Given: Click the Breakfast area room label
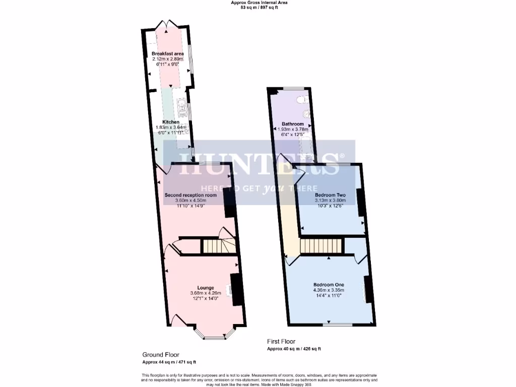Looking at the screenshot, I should (x=168, y=53).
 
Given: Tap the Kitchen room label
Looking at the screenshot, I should (x=171, y=122).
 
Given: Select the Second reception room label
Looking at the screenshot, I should (x=190, y=195).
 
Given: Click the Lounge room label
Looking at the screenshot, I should (x=205, y=288).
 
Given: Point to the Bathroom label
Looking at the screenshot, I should (x=292, y=124).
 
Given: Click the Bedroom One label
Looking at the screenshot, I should (x=329, y=284).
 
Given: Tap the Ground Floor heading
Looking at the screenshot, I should (x=160, y=355).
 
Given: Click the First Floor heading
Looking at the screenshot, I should (x=281, y=342).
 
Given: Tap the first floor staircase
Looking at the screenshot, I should (x=321, y=246).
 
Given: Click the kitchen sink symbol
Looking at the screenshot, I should (x=182, y=106).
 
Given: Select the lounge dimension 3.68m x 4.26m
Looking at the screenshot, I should (x=205, y=293).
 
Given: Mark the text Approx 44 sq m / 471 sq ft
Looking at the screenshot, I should (x=169, y=362).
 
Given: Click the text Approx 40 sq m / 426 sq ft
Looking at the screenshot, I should (x=294, y=349).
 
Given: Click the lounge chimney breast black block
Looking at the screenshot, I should (x=237, y=289).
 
